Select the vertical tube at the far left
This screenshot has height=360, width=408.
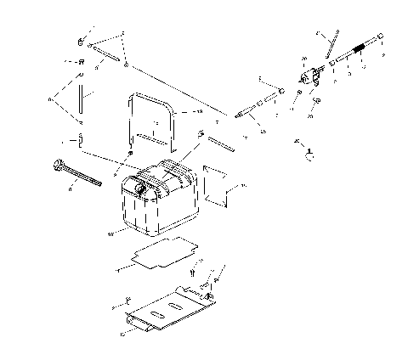click(x=81, y=103)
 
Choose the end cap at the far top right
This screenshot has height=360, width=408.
click(x=378, y=37)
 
